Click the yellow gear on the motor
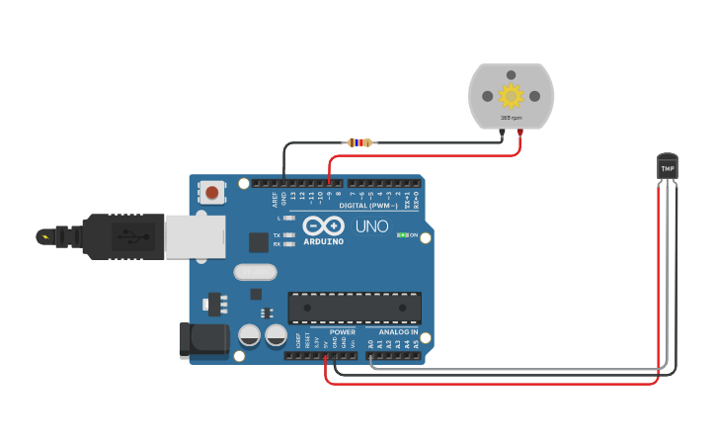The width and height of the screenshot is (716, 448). [x=511, y=95]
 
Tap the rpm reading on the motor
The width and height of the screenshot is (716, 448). [x=511, y=118]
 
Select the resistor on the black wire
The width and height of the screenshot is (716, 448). [x=359, y=142]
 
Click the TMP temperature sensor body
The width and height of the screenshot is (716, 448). [x=668, y=167]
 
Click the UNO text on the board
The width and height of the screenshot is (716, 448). [x=371, y=227]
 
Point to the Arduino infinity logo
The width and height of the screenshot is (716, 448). [x=323, y=224]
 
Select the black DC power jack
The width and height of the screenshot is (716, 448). [x=202, y=340]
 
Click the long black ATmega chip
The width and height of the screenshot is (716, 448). [x=355, y=308]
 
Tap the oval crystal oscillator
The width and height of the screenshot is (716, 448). [x=252, y=272]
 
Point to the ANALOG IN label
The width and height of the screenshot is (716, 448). [x=398, y=332]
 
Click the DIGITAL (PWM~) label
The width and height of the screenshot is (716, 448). [x=368, y=205]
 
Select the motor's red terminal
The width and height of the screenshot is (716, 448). [x=519, y=132]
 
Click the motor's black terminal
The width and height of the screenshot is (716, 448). [x=502, y=132]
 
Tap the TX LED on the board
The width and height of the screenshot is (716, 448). [x=287, y=233]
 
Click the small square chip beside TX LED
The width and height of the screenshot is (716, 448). [x=258, y=242]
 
